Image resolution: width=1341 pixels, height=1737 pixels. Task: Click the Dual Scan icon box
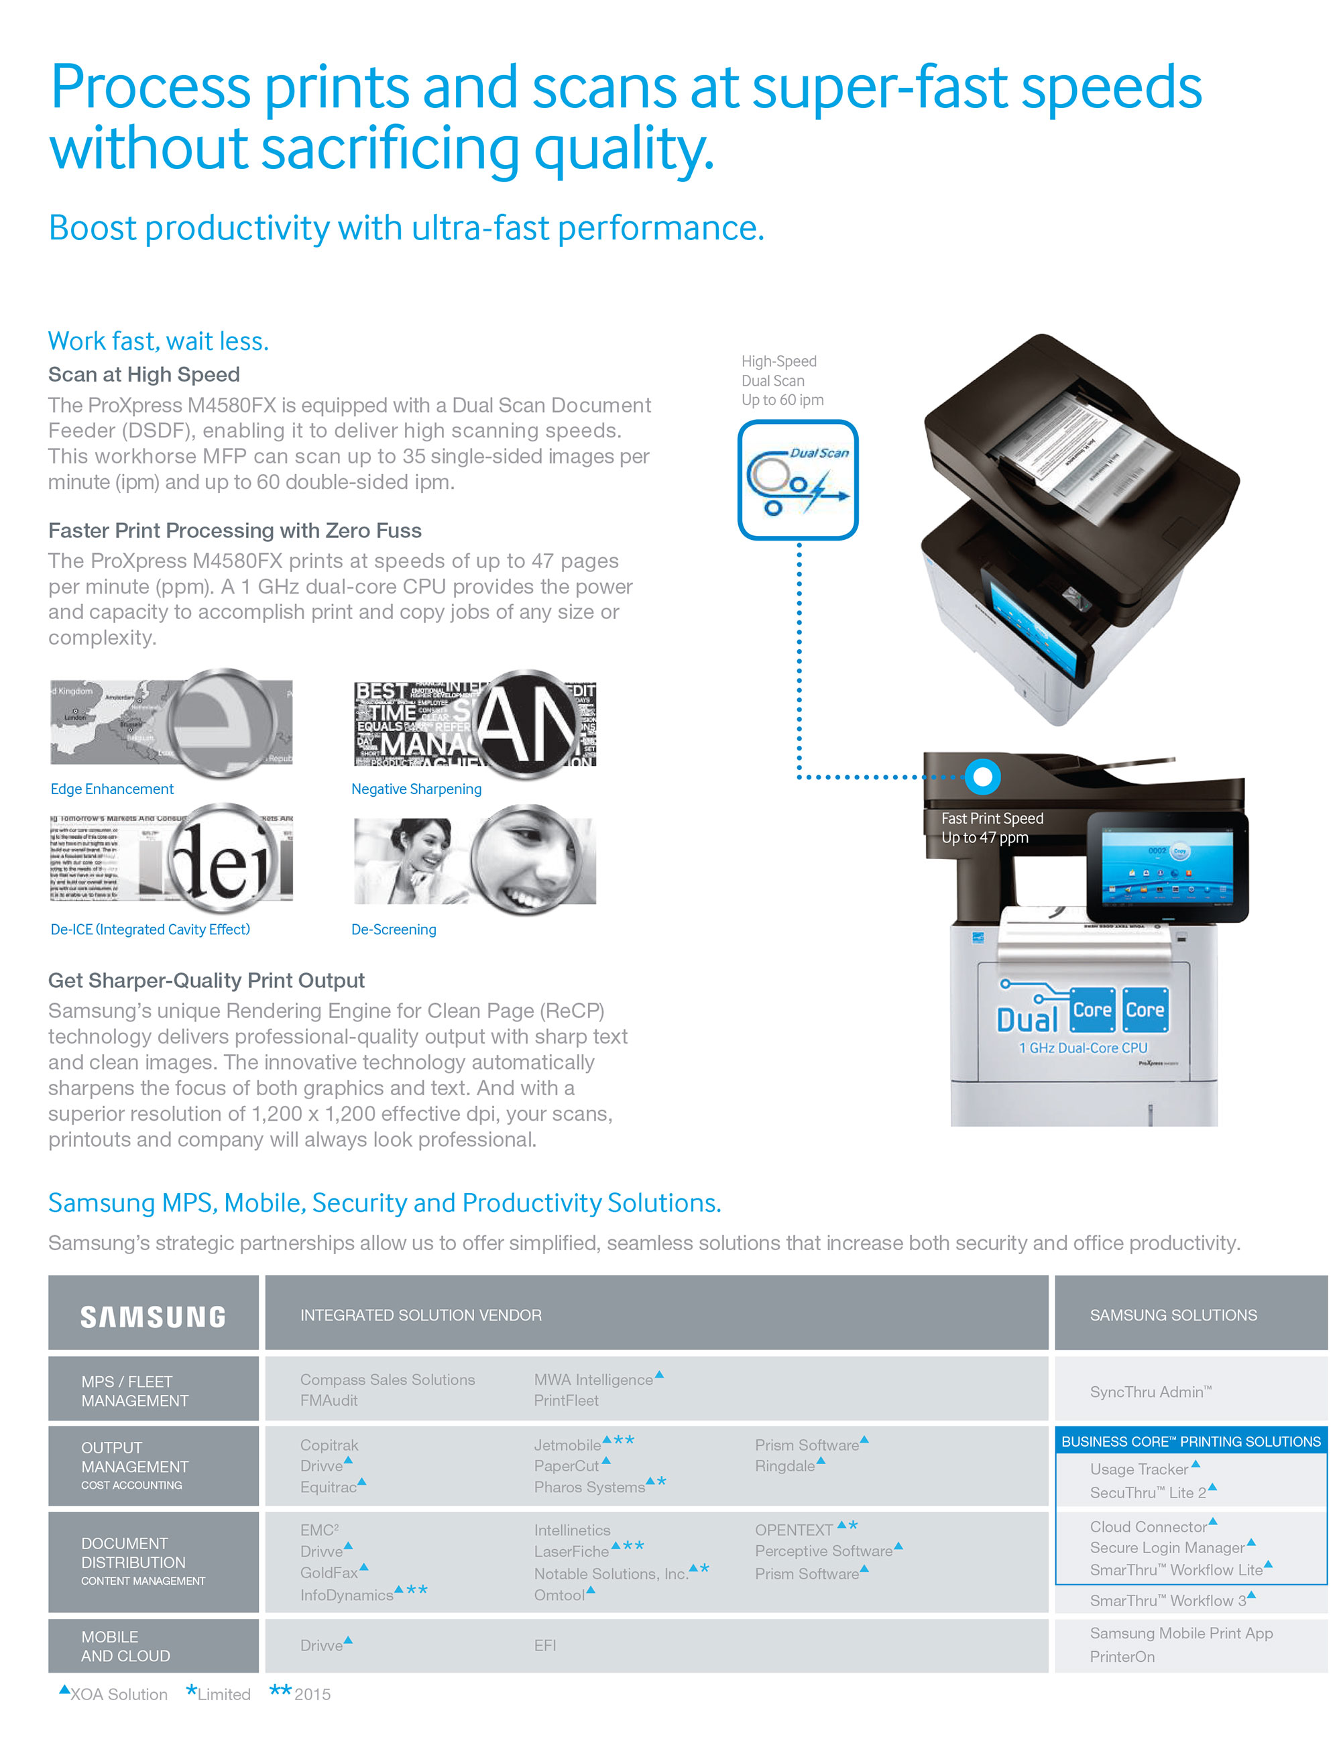pyautogui.click(x=797, y=480)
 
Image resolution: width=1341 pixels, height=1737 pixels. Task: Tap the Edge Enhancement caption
pyautogui.click(x=112, y=789)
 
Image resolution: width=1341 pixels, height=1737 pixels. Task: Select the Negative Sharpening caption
pyautogui.click(x=416, y=789)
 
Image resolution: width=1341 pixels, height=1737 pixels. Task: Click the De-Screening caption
pyautogui.click(x=394, y=929)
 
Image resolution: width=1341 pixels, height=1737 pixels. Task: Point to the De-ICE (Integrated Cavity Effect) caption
pyautogui.click(x=150, y=929)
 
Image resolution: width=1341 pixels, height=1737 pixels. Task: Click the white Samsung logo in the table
pyautogui.click(x=153, y=1317)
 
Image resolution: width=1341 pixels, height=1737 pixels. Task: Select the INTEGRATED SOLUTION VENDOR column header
pyautogui.click(x=421, y=1315)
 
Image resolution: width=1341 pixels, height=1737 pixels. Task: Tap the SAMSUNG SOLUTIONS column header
pyautogui.click(x=1173, y=1315)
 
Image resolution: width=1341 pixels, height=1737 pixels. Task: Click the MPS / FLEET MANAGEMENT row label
pyautogui.click(x=134, y=1391)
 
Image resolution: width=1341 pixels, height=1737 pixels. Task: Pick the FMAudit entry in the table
pyautogui.click(x=329, y=1400)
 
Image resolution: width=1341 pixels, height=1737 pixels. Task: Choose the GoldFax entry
pyautogui.click(x=329, y=1573)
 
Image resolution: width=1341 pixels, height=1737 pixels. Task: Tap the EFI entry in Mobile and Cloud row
pyautogui.click(x=545, y=1646)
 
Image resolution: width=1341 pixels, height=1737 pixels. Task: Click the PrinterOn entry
pyautogui.click(x=1122, y=1657)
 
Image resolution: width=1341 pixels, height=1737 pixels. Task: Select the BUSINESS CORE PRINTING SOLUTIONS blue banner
pyautogui.click(x=1191, y=1441)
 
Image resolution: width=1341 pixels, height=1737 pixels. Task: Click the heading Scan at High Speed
pyautogui.click(x=144, y=375)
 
